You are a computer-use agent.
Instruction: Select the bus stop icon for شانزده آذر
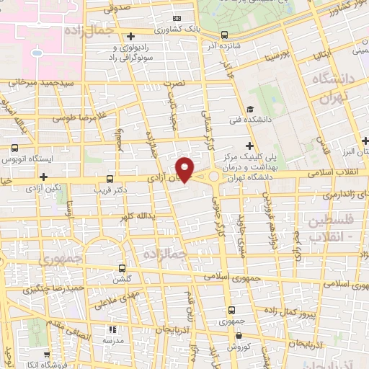(x=225, y=34)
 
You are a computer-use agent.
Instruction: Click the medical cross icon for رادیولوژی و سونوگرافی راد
(x=130, y=36)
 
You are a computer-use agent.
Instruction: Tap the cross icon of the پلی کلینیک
(x=249, y=147)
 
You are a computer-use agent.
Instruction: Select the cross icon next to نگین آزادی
(x=44, y=176)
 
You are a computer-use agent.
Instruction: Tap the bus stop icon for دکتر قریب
(x=110, y=178)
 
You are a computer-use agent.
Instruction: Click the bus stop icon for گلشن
(x=122, y=267)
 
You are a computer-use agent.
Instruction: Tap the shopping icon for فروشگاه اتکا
(x=48, y=355)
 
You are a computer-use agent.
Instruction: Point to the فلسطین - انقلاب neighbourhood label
(x=334, y=229)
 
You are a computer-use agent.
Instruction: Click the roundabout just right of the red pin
(x=214, y=176)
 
